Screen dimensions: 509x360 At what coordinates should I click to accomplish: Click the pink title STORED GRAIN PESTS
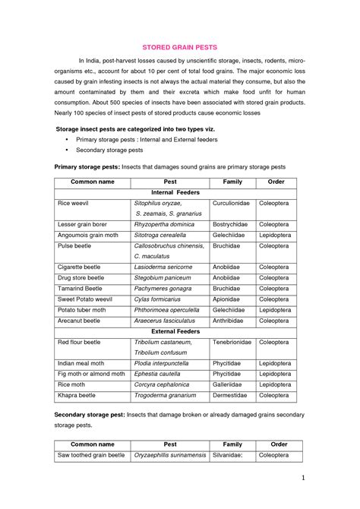(x=180, y=47)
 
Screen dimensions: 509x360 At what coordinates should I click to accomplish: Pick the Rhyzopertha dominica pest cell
(x=164, y=225)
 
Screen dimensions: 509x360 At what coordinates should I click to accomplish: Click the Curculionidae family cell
(x=232, y=204)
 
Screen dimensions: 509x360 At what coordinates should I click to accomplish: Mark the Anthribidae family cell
(x=229, y=321)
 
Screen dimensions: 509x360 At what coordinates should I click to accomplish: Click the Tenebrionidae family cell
(x=232, y=343)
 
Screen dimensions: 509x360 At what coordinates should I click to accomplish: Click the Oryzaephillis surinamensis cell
(x=170, y=455)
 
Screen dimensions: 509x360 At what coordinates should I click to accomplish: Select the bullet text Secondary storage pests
(x=109, y=150)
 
